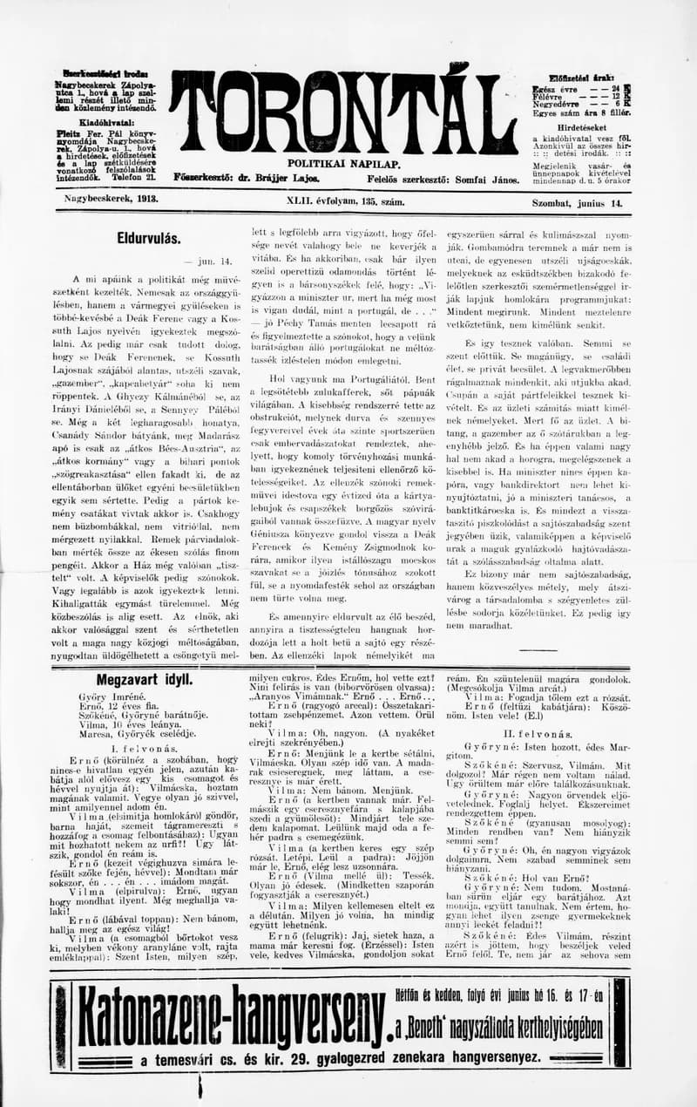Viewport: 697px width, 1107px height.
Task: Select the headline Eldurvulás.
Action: tap(149, 237)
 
